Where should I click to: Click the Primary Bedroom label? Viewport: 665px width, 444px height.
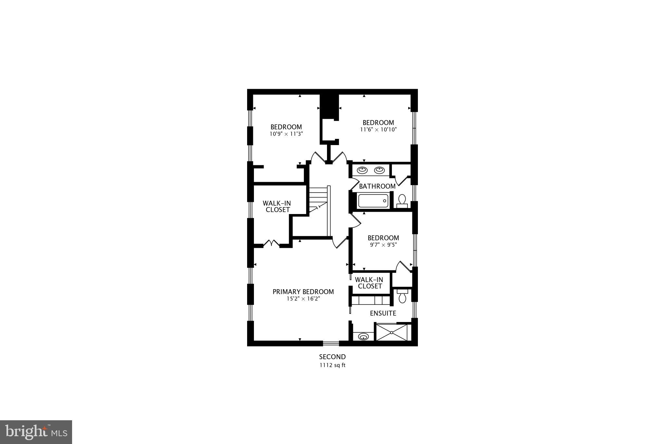[303, 292]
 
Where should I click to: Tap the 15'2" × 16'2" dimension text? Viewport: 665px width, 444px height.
[303, 299]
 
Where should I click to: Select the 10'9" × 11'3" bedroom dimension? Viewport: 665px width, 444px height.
[286, 134]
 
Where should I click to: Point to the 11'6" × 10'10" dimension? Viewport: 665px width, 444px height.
[378, 129]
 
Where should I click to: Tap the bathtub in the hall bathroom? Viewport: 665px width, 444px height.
[373, 201]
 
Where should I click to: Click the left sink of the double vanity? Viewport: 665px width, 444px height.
[362, 170]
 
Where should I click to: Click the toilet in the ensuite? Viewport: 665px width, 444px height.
[402, 296]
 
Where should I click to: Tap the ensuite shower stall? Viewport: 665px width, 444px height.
[392, 332]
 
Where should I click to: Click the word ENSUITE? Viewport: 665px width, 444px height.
[383, 313]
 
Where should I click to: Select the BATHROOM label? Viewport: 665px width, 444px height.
[377, 186]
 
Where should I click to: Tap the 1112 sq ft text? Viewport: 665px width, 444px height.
[332, 365]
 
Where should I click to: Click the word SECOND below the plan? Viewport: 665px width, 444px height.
[332, 357]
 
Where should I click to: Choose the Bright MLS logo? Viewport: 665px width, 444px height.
[36, 432]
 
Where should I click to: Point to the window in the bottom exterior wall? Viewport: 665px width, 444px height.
[331, 343]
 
